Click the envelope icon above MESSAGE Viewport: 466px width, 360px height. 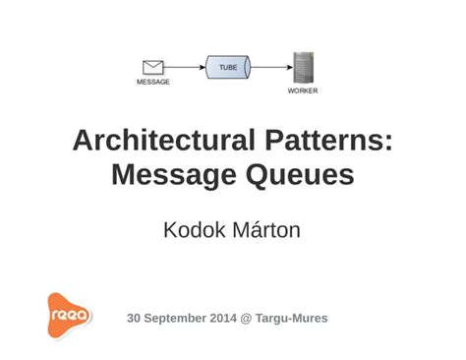tap(152, 67)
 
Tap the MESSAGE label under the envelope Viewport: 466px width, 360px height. tap(152, 82)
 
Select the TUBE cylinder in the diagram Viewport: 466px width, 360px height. tap(228, 68)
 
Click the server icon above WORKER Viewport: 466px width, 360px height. tap(303, 67)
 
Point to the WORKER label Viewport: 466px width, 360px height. tap(303, 90)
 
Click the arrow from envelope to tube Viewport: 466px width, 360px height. tap(185, 68)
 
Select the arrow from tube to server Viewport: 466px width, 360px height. tap(271, 68)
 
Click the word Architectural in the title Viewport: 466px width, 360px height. tap(160, 141)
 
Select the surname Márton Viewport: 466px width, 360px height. tap(269, 231)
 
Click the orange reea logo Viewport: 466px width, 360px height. tap(70, 315)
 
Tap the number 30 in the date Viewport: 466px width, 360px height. tap(135, 319)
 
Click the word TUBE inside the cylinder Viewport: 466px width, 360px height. tap(227, 66)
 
